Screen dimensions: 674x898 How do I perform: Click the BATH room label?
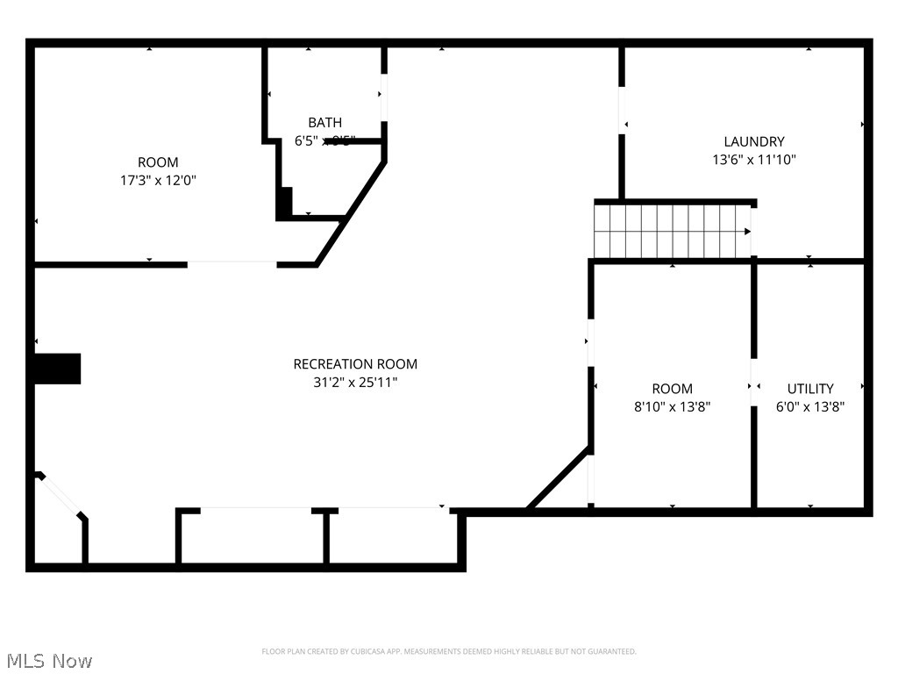tap(324, 123)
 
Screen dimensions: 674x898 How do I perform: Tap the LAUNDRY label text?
tap(753, 141)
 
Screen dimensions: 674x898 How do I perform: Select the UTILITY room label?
tap(809, 389)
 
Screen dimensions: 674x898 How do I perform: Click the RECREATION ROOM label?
tap(355, 364)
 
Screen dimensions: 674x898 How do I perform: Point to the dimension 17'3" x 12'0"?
tap(158, 180)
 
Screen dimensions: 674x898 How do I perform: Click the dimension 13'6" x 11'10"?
tap(753, 160)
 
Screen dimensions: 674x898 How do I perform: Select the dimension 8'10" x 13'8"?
tap(672, 407)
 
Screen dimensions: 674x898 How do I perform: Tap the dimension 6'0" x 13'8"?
tap(809, 407)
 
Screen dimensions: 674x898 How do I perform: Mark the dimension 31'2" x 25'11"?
tap(355, 383)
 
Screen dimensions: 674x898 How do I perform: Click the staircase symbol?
tap(672, 231)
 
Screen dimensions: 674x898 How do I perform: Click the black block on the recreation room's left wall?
tap(58, 369)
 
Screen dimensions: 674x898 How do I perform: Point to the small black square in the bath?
tap(284, 202)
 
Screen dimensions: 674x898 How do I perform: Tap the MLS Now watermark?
tap(47, 660)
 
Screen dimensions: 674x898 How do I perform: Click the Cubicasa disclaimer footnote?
tap(449, 651)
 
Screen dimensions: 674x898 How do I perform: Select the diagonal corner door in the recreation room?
tap(61, 496)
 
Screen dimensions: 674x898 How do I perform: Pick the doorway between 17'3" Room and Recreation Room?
tap(232, 263)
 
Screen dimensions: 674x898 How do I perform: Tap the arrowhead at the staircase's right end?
tap(747, 232)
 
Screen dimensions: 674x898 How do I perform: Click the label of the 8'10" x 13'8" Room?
tap(672, 389)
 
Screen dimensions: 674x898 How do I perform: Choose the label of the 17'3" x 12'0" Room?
tap(158, 162)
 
